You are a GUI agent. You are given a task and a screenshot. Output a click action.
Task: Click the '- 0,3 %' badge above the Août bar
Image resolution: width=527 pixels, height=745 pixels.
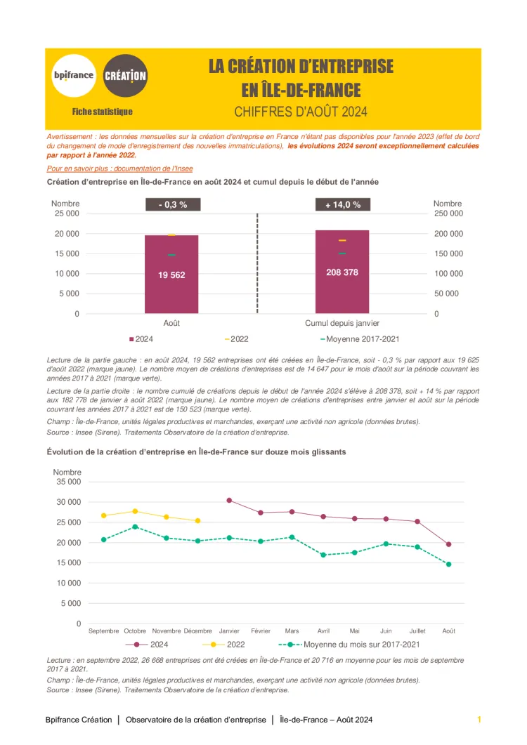point(171,204)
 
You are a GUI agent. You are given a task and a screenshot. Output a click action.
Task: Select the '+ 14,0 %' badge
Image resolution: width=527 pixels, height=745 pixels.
point(343,204)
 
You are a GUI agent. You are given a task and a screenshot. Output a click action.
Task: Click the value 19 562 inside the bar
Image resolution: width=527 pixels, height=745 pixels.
point(171,275)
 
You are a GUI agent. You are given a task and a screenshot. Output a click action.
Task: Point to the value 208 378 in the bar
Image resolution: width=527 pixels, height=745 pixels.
point(342,272)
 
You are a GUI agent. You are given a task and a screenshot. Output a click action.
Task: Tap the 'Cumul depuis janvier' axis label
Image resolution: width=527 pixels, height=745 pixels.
point(342,323)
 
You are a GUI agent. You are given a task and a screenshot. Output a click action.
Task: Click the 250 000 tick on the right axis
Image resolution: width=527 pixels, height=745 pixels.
point(448,213)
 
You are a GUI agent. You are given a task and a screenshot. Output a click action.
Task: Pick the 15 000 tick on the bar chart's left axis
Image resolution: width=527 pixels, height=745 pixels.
point(67,253)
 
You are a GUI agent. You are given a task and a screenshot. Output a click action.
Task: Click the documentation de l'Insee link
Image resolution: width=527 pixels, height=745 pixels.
point(119,169)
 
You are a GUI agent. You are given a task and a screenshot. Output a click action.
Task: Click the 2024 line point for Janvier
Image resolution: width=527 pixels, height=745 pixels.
point(229,500)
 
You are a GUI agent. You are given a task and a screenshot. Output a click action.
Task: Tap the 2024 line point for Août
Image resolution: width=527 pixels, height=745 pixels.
point(448,544)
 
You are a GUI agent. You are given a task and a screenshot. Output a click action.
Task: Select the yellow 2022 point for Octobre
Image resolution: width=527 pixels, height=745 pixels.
point(135,511)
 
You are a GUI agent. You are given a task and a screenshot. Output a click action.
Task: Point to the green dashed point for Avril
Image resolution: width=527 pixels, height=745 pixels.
point(323,555)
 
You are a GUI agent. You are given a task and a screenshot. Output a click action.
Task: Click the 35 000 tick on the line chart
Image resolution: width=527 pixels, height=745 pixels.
point(67,482)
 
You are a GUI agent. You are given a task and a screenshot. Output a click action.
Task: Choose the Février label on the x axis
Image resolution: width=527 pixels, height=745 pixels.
point(261,631)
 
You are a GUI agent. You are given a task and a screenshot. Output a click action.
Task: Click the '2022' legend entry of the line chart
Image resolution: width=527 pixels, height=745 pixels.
point(228,644)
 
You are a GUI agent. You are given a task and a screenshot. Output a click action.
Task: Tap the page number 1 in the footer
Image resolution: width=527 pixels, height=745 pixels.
point(479,720)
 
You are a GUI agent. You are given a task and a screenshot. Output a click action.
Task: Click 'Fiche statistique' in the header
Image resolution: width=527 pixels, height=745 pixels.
point(102,112)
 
